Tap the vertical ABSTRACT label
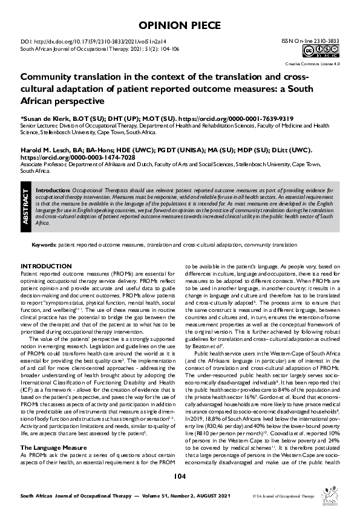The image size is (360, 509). (26, 207)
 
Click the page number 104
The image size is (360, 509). (179, 476)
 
